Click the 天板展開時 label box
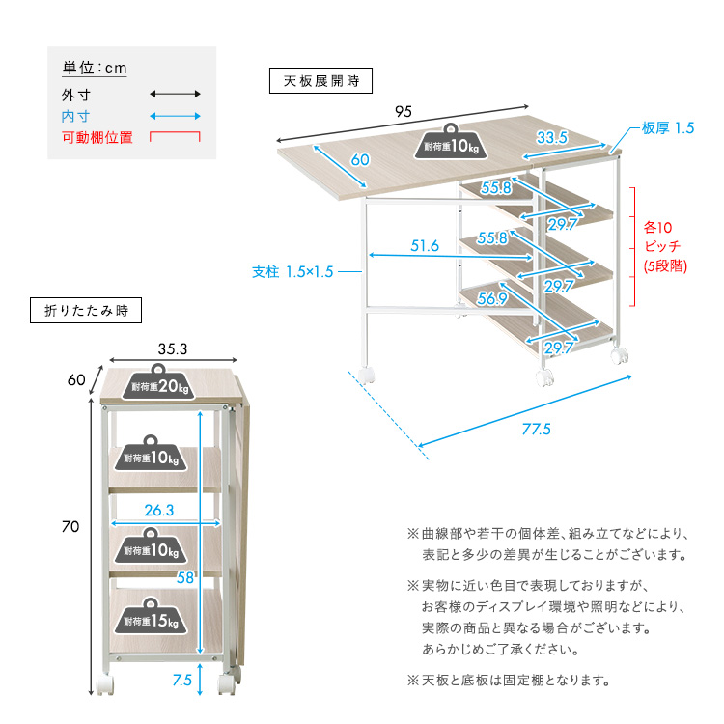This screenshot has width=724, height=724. [320, 81]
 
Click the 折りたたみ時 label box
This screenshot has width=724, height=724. [86, 311]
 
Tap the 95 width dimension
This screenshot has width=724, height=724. [404, 110]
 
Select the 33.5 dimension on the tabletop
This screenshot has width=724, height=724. [552, 138]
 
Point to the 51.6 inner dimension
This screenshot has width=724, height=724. [425, 246]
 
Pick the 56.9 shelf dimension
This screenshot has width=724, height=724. [491, 299]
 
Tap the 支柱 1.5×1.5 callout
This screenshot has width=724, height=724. [292, 272]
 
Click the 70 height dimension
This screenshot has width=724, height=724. [70, 527]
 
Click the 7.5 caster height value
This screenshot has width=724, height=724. [181, 680]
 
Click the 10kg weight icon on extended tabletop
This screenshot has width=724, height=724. [451, 143]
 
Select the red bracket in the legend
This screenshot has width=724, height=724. [175, 136]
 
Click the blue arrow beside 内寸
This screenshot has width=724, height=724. [175, 115]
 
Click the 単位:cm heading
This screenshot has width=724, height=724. [95, 68]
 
